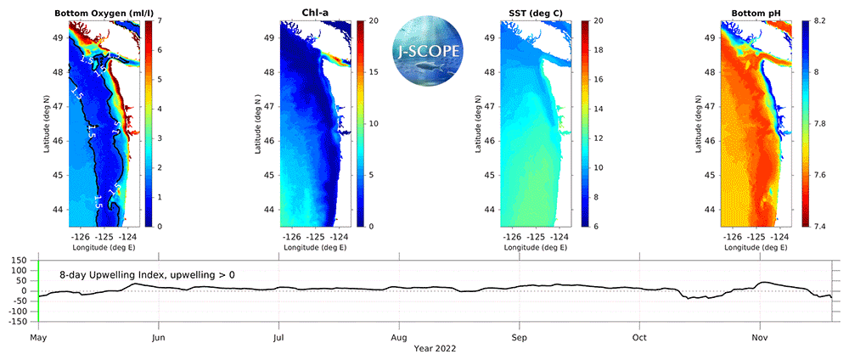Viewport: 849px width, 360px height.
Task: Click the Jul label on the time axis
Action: [x=278, y=336]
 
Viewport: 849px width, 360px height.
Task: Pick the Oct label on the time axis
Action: [x=639, y=336]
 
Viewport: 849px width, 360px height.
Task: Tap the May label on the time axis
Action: [x=38, y=336]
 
